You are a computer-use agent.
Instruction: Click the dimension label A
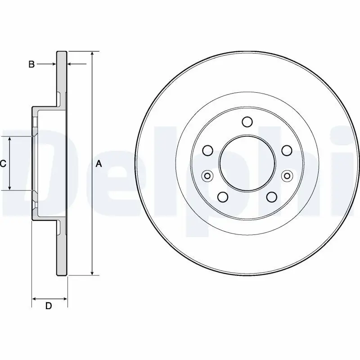(99, 164)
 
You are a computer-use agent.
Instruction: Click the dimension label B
(31, 64)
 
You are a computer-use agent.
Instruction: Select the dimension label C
(3, 164)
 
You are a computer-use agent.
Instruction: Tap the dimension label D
(49, 306)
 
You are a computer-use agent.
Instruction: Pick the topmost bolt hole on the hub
(247, 122)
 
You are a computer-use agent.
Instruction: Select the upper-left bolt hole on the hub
(207, 150)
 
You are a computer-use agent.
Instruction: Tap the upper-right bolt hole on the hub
(286, 150)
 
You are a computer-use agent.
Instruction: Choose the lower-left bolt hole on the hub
(222, 197)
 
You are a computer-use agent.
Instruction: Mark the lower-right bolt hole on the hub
(271, 197)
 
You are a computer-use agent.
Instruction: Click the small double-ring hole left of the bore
(207, 175)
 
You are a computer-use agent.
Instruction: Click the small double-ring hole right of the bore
(286, 175)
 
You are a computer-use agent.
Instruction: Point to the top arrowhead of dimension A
(92, 54)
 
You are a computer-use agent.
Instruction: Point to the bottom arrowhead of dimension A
(92, 273)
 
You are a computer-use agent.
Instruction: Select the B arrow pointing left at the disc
(71, 64)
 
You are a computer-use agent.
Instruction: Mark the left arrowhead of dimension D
(35, 298)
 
